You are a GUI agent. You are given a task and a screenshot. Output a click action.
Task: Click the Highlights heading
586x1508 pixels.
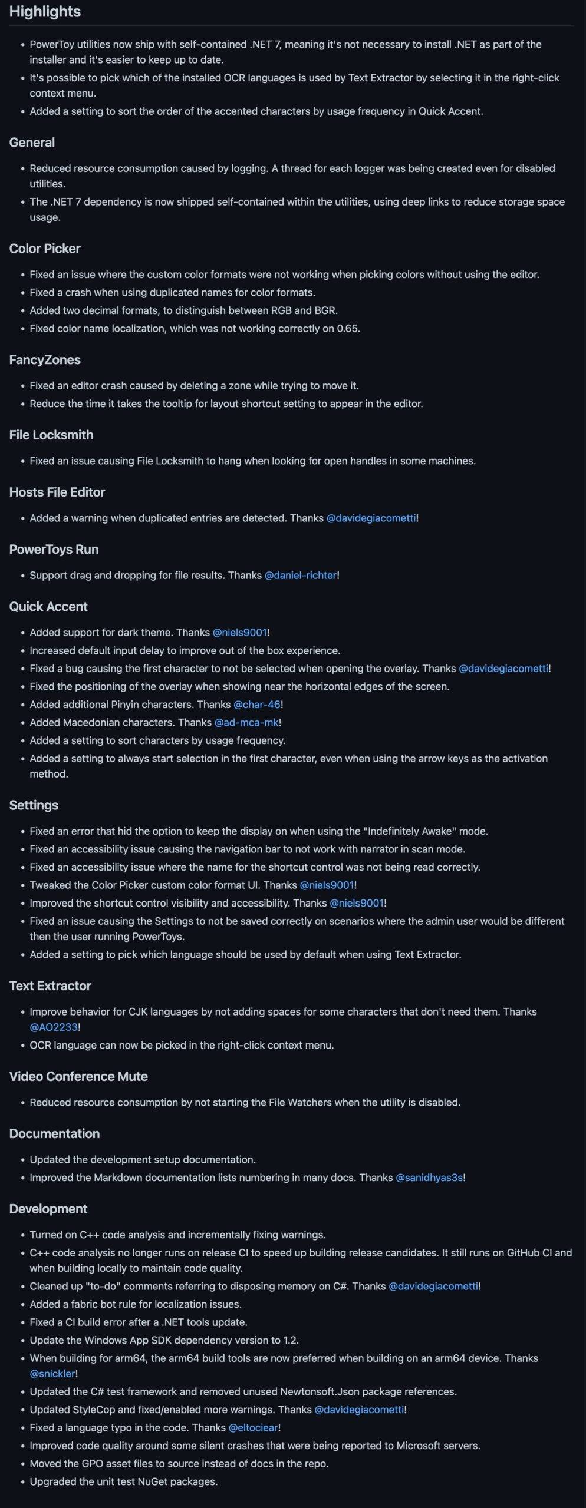(x=45, y=12)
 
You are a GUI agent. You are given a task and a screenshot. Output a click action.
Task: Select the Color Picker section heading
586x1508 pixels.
(x=45, y=249)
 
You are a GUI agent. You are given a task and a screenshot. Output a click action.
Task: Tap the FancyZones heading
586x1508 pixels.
(x=45, y=360)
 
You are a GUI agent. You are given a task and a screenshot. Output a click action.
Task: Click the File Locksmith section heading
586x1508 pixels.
(x=51, y=435)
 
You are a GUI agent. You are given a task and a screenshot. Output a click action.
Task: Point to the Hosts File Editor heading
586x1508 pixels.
(x=57, y=492)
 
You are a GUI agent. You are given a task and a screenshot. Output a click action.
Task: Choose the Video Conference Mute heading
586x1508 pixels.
(x=78, y=1076)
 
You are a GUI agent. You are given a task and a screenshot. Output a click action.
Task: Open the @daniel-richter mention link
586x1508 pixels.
(x=301, y=575)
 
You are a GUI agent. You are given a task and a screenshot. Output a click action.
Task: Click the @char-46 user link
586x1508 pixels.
(x=257, y=704)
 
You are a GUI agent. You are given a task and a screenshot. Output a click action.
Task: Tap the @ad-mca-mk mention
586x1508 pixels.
(x=246, y=722)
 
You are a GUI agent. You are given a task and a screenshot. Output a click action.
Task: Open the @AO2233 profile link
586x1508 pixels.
(x=54, y=1027)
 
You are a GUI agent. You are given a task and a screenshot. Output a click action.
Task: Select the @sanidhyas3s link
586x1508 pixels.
(x=429, y=1178)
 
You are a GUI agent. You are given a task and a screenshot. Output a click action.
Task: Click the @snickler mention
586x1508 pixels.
(x=52, y=1373)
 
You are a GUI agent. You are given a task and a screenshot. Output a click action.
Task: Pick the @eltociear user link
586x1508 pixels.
(x=254, y=1427)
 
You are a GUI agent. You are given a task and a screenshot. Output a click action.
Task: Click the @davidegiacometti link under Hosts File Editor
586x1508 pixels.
(x=371, y=518)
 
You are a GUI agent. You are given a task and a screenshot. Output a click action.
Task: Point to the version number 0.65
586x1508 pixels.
(x=347, y=329)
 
